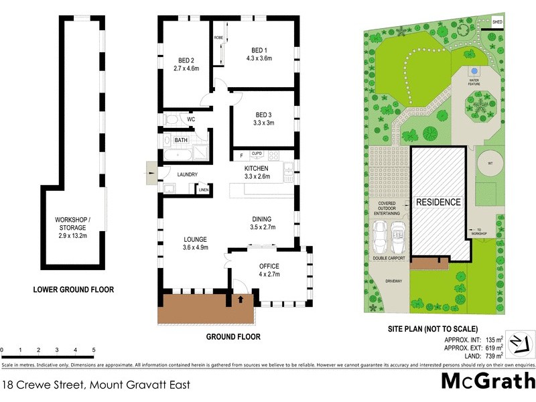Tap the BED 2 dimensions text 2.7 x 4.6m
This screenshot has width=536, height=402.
coord(187,68)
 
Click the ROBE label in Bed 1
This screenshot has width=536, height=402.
coord(218,38)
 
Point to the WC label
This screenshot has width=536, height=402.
coord(191,120)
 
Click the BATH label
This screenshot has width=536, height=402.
coord(181,140)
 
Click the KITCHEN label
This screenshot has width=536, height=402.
coord(256,168)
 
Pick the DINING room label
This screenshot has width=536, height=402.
coord(262,218)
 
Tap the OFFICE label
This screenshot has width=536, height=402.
coord(269,266)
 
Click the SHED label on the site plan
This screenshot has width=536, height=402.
coord(497,22)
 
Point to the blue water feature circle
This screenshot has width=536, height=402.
coord(474,70)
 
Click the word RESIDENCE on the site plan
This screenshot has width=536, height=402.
coord(438,202)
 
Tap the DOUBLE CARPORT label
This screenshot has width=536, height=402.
coord(389,257)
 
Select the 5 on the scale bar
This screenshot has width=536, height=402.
coord(94,350)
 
